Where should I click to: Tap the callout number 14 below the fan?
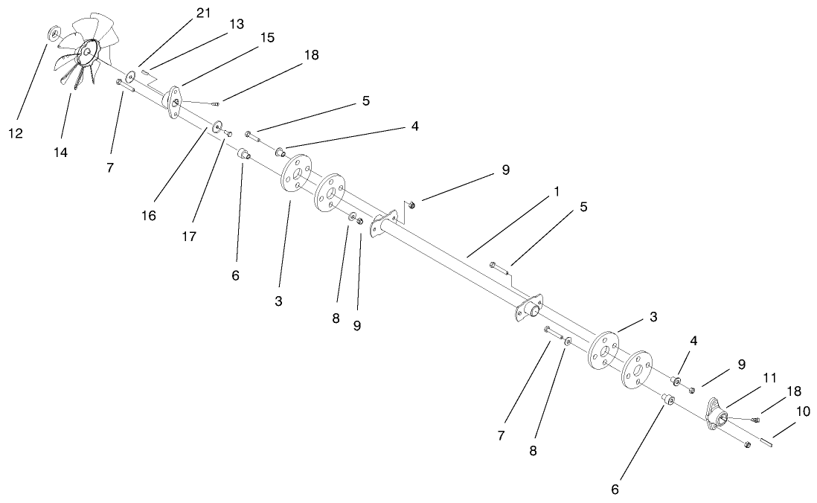(60, 152)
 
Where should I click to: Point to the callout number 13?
(236, 25)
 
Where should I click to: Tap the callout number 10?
(804, 411)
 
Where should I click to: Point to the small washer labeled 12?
(54, 33)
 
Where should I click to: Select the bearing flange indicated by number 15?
(176, 102)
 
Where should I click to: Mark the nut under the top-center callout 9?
(414, 205)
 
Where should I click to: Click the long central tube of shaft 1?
(446, 246)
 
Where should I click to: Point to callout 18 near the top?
(311, 55)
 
